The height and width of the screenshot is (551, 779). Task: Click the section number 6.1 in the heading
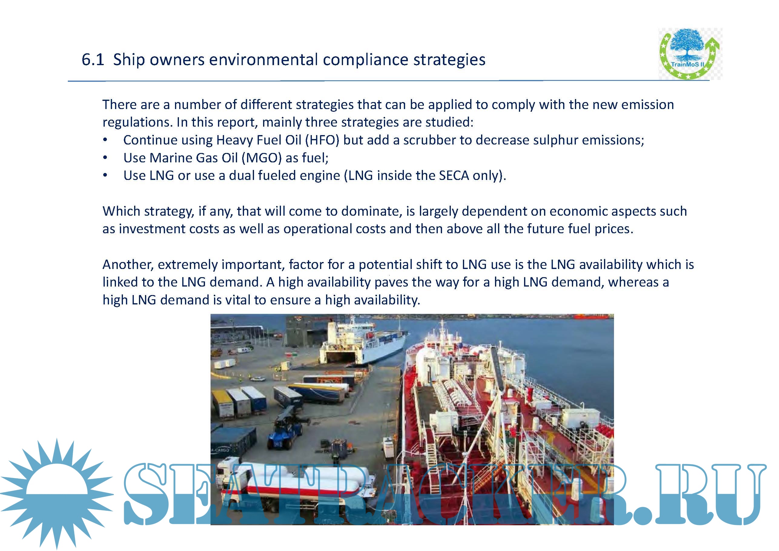[x=93, y=60]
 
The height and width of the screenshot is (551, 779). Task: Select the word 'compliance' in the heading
[x=365, y=60]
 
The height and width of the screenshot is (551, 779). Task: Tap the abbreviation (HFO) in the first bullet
[x=322, y=140]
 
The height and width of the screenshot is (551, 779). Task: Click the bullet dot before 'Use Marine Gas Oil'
[x=106, y=158]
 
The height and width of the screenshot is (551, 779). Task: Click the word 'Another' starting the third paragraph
[x=128, y=265]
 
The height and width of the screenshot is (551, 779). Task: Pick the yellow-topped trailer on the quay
[x=223, y=403]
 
